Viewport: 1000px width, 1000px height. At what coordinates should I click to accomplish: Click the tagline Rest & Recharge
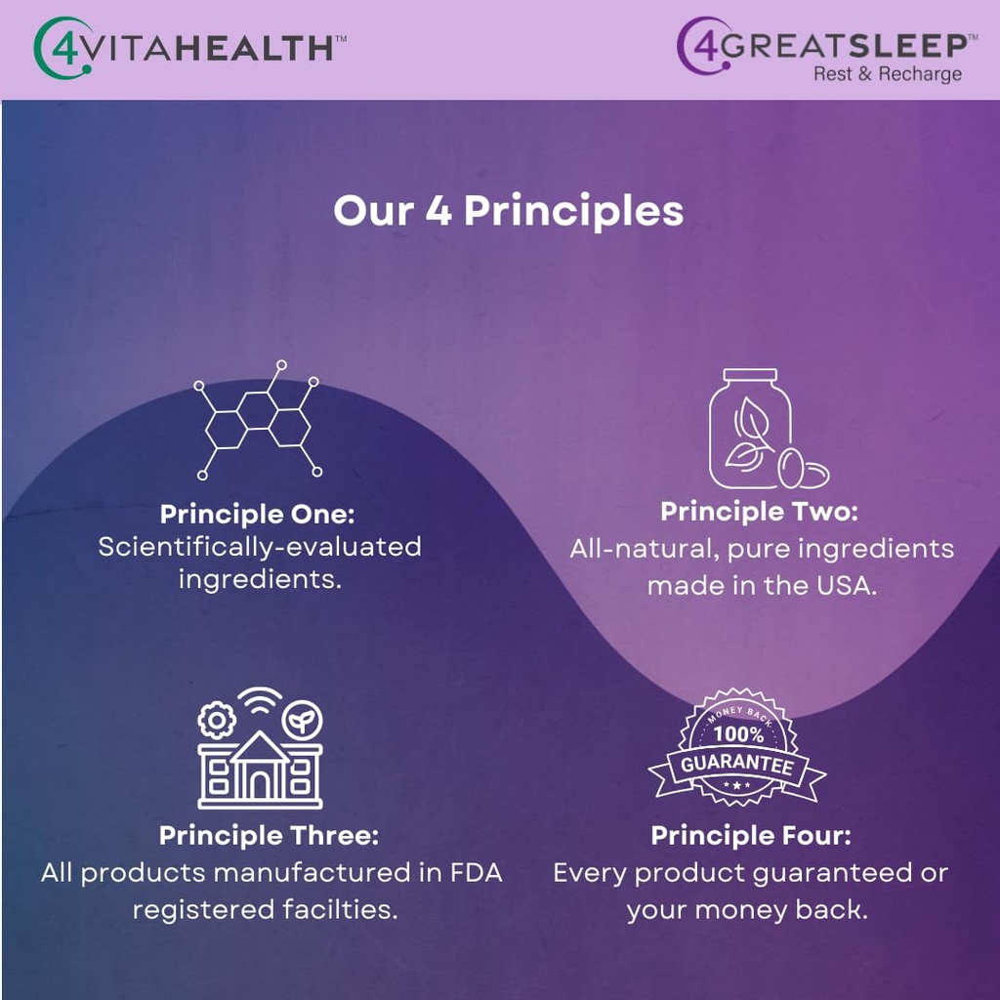pyautogui.click(x=887, y=74)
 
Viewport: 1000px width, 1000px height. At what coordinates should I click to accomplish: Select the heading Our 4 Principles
pyautogui.click(x=508, y=211)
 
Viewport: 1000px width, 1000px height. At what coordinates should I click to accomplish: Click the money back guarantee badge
pyautogui.click(x=737, y=749)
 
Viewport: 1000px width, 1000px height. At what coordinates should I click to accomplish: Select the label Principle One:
pyautogui.click(x=258, y=514)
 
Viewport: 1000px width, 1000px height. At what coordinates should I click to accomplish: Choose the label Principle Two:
pyautogui.click(x=759, y=511)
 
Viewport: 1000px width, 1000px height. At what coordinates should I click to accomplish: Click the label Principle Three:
pyautogui.click(x=269, y=836)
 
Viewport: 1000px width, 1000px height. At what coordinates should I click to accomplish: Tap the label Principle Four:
pyautogui.click(x=751, y=836)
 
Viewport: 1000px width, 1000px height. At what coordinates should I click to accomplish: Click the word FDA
pyautogui.click(x=476, y=873)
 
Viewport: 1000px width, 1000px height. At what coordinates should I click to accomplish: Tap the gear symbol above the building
pyautogui.click(x=216, y=721)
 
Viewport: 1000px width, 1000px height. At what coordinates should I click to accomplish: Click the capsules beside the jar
pyautogui.click(x=803, y=471)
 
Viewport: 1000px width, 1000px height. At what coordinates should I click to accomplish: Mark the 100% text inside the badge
pyautogui.click(x=737, y=733)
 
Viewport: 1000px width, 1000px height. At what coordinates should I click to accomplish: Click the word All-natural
pyautogui.click(x=644, y=548)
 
